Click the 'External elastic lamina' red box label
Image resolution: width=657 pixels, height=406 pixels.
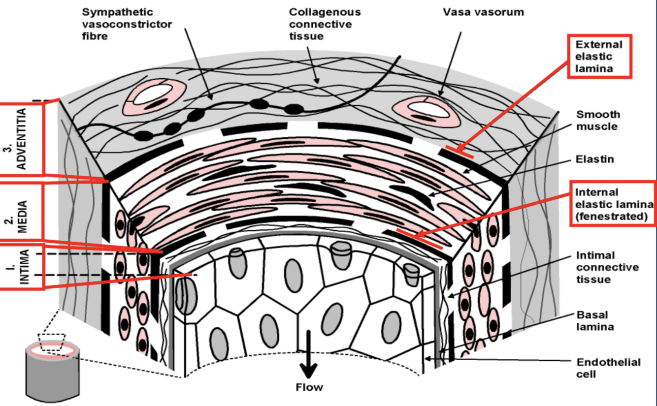coord(599,56)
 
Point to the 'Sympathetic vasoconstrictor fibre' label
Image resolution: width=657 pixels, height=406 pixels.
coord(127,24)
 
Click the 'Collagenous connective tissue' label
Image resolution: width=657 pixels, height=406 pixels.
coord(325,24)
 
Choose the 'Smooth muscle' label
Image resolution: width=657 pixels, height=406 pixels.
coord(598,121)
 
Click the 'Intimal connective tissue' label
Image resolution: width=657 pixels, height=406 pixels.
coord(607,267)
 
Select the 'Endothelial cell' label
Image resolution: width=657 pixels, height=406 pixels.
coord(609,368)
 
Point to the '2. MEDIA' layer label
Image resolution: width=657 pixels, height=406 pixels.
coord(21,212)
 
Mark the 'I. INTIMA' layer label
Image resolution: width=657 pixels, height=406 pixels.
coord(21,266)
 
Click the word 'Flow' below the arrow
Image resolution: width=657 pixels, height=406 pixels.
coord(309,387)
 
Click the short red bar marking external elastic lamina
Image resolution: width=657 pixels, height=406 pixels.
coord(460,152)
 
